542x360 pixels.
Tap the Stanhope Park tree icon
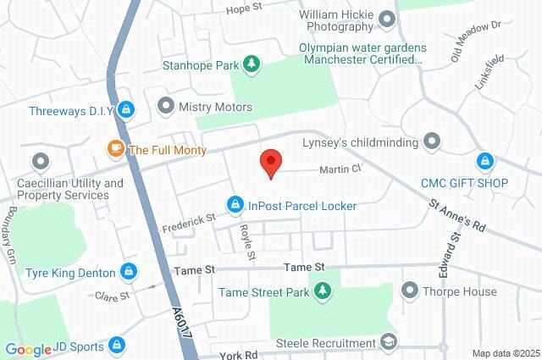coord(252,64)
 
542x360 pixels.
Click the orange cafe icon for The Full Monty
coord(115,149)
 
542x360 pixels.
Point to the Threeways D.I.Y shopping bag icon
coord(126,108)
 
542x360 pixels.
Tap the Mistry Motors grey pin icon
coord(166,107)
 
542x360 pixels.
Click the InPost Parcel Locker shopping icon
coord(235,205)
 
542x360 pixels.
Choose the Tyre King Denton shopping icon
coord(128,271)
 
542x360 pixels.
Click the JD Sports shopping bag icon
coord(116,346)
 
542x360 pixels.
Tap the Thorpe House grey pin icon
coord(410,291)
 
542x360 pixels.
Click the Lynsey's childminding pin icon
coord(433,141)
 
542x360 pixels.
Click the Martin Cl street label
coord(340,169)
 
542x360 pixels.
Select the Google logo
coord(28,350)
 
